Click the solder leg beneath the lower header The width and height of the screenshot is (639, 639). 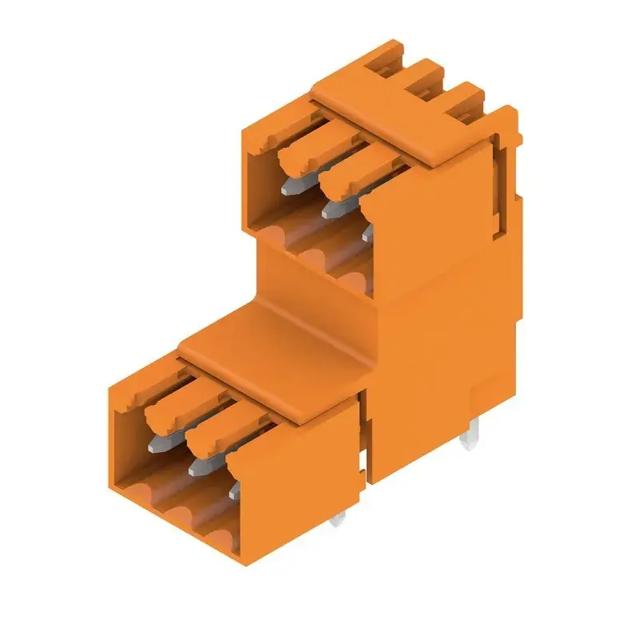(x=338, y=522)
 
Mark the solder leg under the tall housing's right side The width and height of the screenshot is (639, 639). (x=471, y=435)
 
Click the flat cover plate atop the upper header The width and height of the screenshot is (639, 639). (x=399, y=128)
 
